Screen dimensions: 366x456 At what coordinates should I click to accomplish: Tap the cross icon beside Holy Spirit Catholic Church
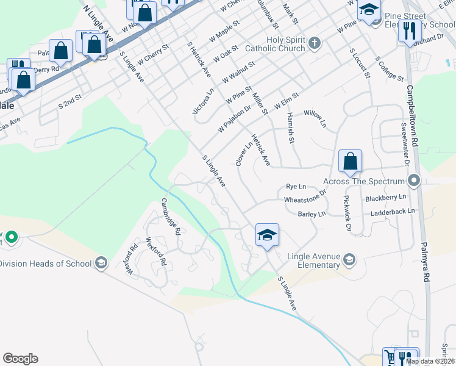[x=314, y=43]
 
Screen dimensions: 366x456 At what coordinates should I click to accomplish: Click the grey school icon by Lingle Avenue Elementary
[x=349, y=260]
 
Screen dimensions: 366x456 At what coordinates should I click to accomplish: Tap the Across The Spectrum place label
[x=363, y=181]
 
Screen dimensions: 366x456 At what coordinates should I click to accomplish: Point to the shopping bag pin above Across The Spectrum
[x=350, y=162]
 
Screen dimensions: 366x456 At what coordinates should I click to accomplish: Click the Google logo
[x=20, y=359]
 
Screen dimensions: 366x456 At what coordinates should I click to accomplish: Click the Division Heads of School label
[x=46, y=264]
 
